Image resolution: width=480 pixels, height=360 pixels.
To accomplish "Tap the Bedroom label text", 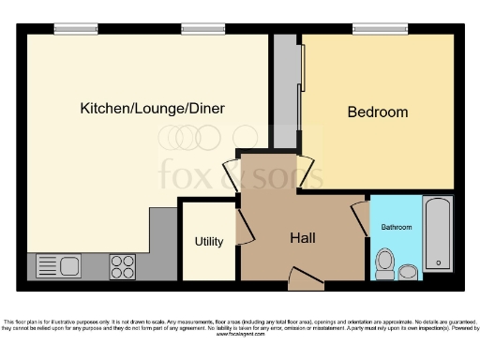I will pos(378,112).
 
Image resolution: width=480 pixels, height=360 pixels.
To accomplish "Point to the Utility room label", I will pos(208,242).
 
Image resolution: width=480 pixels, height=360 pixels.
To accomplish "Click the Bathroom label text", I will pos(396,228).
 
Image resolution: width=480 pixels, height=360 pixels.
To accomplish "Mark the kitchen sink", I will pos(60,266).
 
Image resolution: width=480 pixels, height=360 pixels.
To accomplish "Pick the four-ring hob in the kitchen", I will pos(123,265).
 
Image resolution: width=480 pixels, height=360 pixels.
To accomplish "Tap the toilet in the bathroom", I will pos(383,262).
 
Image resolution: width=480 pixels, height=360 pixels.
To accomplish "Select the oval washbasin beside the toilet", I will pos(408,273).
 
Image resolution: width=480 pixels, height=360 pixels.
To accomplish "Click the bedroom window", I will pos(379,29).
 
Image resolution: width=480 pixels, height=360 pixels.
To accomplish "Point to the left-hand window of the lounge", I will pos(75,29).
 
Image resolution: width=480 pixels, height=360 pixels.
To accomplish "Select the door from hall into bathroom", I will pos(359,218).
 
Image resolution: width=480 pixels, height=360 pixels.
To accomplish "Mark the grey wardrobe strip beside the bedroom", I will pos(285,94).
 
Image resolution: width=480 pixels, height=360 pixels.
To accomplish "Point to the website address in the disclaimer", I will pos(240,336).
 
